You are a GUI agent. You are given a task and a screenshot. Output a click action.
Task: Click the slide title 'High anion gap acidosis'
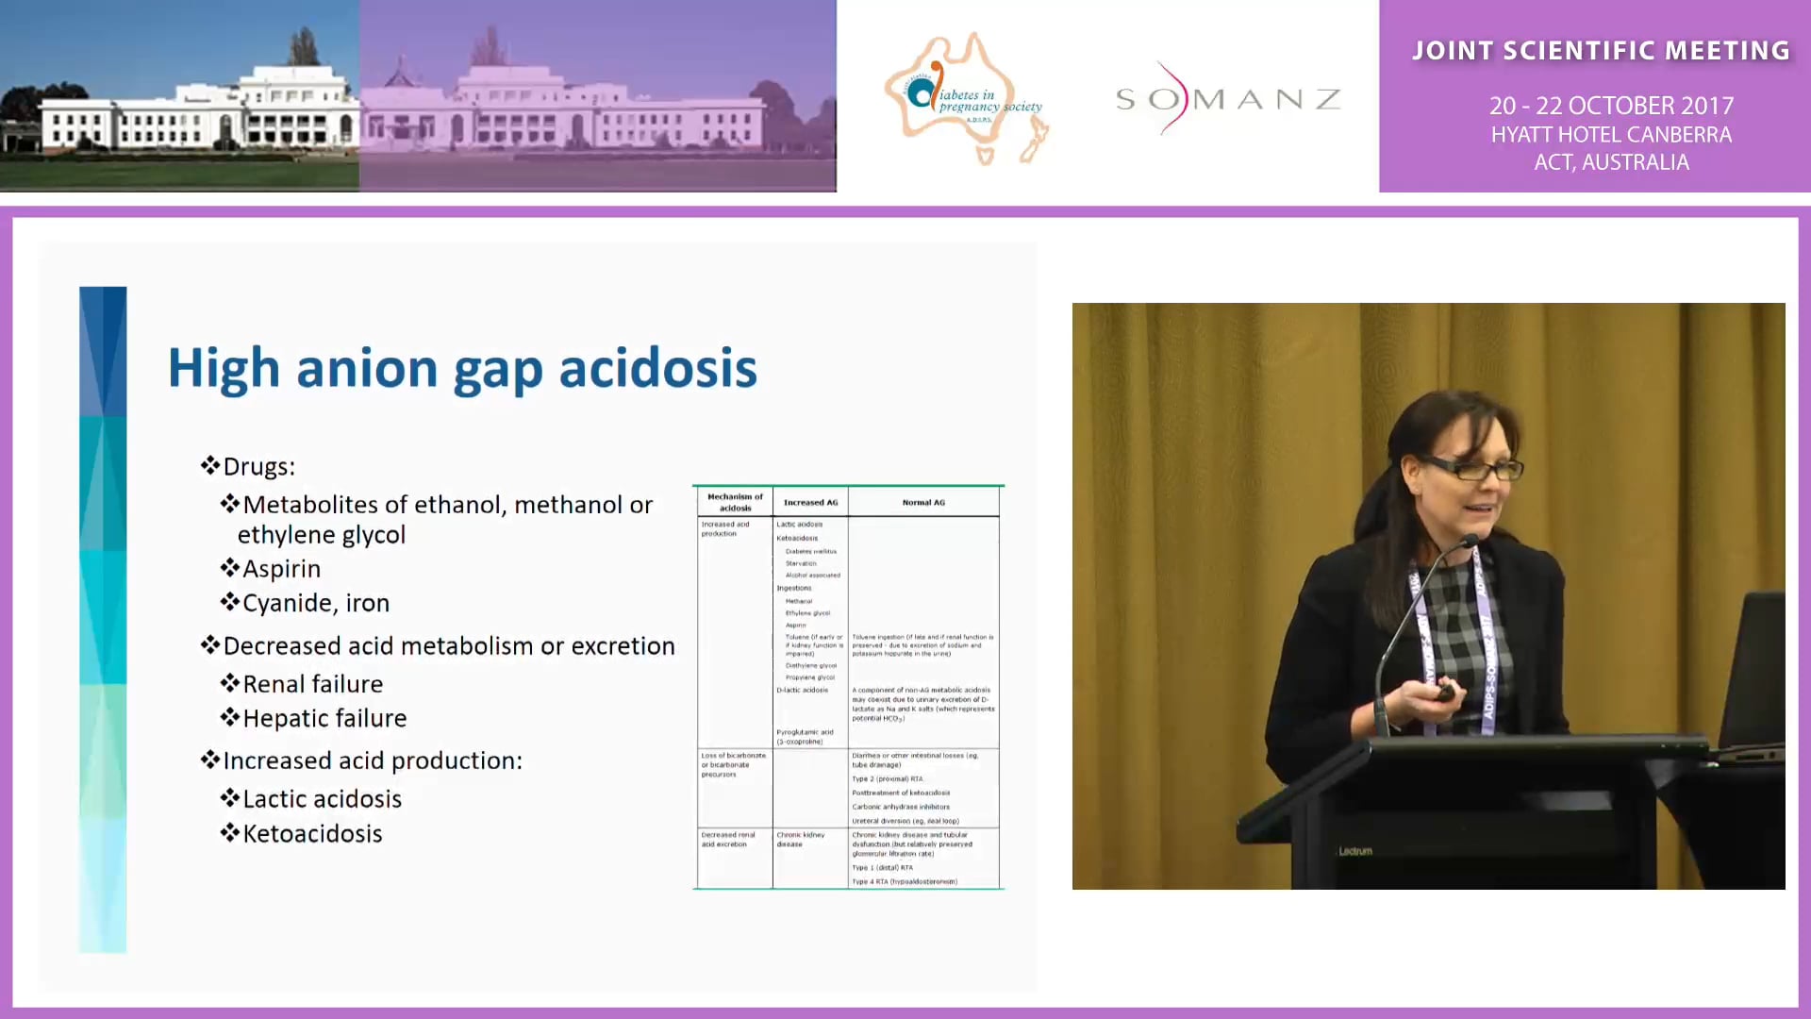[462, 368]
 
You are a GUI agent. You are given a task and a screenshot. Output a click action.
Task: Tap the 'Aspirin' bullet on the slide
[281, 569]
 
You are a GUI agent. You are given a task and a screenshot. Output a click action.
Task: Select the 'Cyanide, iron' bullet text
[315, 603]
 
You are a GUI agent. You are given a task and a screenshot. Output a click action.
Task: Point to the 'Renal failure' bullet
[312, 684]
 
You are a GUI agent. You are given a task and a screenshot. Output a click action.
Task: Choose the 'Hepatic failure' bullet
[324, 718]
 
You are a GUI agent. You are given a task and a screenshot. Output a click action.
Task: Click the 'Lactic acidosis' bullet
[322, 799]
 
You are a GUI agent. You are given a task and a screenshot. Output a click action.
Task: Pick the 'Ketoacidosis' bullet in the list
[312, 833]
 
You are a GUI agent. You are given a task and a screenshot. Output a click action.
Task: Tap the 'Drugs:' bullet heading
[258, 467]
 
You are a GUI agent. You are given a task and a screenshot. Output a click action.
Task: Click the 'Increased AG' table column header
[810, 502]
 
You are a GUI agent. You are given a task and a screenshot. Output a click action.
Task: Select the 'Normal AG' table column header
[923, 502]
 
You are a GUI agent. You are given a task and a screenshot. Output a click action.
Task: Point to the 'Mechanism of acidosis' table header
[735, 502]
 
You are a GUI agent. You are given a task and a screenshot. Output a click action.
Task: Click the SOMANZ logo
[1227, 99]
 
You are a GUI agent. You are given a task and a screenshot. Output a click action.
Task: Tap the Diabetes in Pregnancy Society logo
[966, 99]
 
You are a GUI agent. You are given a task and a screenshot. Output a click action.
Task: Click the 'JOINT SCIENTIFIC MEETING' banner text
[1601, 51]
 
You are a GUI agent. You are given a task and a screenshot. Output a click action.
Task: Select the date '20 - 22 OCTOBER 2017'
[1611, 106]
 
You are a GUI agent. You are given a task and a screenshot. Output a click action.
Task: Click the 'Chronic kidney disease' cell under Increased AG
[800, 839]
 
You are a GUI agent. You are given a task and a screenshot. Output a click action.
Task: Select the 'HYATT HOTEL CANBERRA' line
[1611, 135]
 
